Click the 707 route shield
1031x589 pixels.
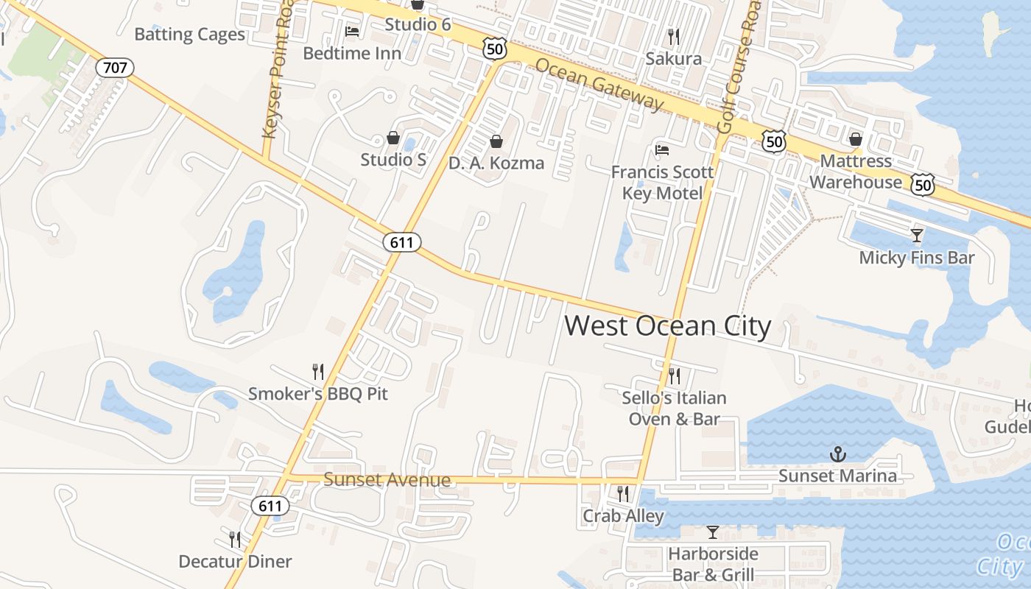(x=115, y=68)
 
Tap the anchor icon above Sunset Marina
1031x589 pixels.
(x=837, y=454)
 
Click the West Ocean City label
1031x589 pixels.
(x=668, y=326)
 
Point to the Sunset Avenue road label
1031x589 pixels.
(x=387, y=481)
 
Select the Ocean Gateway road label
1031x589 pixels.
(x=599, y=85)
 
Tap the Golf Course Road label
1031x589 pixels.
(x=739, y=66)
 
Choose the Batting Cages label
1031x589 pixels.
(x=189, y=35)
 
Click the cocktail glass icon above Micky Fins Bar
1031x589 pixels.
(x=917, y=236)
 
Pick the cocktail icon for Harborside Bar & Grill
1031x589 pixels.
(x=712, y=532)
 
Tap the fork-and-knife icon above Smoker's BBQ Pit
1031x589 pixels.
(x=318, y=371)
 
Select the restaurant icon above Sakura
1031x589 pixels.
(x=673, y=36)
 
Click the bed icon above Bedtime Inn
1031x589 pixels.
(x=352, y=32)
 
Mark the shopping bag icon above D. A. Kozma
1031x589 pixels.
(x=496, y=141)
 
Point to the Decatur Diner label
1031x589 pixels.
(x=235, y=562)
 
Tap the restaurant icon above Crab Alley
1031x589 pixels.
(x=623, y=493)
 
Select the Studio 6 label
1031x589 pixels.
(x=418, y=24)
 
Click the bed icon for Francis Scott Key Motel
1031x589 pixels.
(x=662, y=150)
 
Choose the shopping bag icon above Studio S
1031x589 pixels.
(x=393, y=138)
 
